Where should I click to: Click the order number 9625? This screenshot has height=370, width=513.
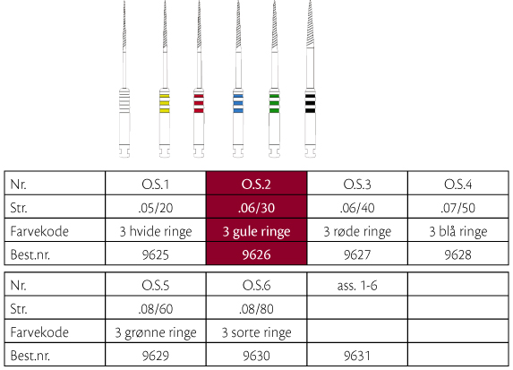pos(156,254)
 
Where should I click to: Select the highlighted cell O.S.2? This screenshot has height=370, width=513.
pos(256,185)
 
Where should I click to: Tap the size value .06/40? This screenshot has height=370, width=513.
pos(357,208)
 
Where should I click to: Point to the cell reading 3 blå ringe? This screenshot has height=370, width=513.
pos(458,231)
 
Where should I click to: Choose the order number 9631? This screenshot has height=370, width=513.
pos(357,356)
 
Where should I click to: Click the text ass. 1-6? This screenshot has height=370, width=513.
pos(357,286)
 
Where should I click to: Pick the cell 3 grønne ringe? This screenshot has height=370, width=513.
pos(156,332)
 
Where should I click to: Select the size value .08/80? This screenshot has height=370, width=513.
pos(256,309)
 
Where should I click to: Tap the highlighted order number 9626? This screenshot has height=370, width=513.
pos(256,254)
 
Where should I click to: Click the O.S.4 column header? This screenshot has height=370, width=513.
pos(458,185)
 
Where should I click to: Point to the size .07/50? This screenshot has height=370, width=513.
pos(458,208)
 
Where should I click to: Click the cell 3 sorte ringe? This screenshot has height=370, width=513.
pos(256,332)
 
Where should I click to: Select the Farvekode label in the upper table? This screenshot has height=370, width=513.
pos(39,231)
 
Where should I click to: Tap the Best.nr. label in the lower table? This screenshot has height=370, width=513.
pos(30,356)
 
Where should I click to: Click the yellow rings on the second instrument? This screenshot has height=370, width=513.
pos(164,103)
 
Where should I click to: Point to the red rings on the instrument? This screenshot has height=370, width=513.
pos(199,103)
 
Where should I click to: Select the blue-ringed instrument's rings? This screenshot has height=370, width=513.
pos(238,103)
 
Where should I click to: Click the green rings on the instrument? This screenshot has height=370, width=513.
pos(274,103)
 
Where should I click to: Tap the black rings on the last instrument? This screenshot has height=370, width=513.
pos(310,103)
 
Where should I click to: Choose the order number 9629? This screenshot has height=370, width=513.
pos(156,356)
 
